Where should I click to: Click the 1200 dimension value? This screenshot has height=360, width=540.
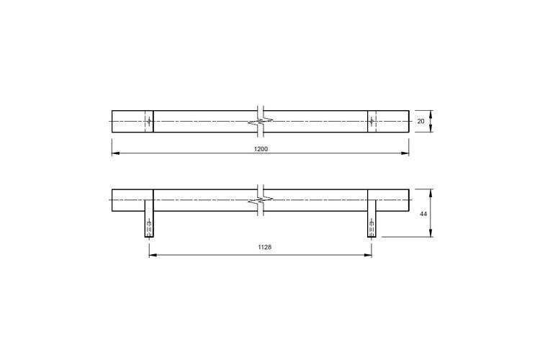click(x=261, y=149)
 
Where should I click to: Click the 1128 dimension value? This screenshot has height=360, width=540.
click(x=264, y=247)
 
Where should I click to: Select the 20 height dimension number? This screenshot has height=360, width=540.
click(x=421, y=121)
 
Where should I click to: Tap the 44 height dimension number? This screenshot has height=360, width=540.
click(x=423, y=214)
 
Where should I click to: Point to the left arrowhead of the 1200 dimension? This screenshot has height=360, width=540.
click(x=115, y=153)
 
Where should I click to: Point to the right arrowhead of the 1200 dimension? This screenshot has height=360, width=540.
click(x=405, y=153)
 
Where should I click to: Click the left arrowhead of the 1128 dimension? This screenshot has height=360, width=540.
click(x=153, y=256)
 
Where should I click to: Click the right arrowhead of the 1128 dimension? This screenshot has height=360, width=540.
click(x=368, y=256)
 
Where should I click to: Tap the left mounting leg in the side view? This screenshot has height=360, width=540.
click(x=149, y=224)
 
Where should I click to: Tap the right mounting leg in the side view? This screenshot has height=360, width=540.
click(x=372, y=224)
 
